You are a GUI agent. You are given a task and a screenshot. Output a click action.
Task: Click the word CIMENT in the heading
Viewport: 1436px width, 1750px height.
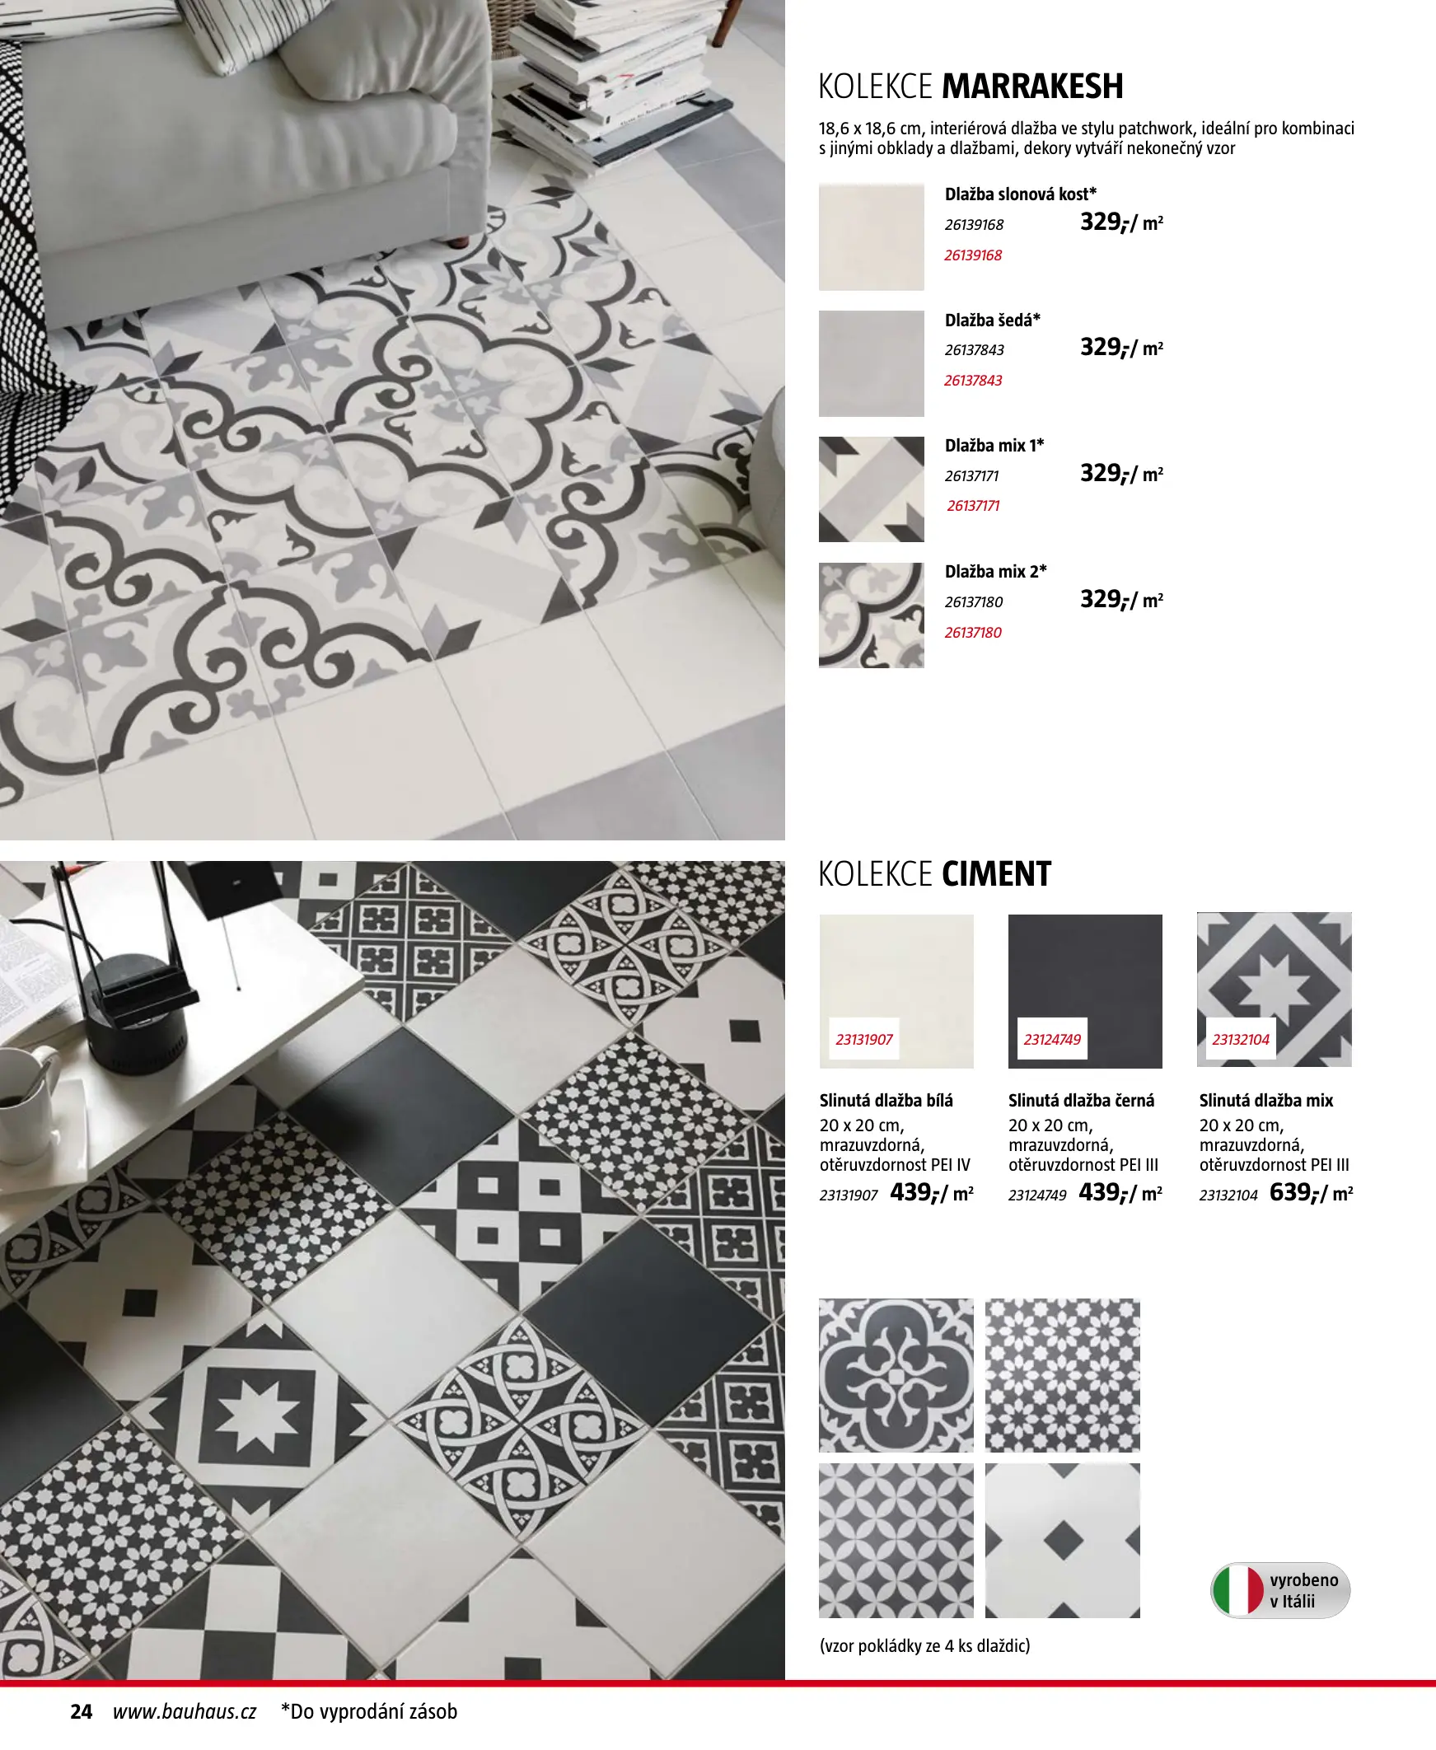tap(996, 874)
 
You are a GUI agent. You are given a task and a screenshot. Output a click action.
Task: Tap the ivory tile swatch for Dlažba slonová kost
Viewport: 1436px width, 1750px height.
tap(871, 236)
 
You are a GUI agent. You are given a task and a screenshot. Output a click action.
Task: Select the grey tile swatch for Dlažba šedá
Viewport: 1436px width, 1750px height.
tap(871, 363)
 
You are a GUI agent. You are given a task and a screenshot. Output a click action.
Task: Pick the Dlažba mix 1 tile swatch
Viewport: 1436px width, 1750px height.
tap(871, 489)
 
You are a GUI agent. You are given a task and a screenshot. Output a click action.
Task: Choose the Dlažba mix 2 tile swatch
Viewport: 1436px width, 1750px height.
tap(871, 615)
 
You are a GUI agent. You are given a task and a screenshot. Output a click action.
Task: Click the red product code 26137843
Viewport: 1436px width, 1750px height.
tap(973, 381)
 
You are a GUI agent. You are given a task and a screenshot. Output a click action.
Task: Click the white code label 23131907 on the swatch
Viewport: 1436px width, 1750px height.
tap(863, 1040)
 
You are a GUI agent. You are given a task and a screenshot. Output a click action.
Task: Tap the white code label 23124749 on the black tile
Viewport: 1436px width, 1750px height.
tap(1052, 1040)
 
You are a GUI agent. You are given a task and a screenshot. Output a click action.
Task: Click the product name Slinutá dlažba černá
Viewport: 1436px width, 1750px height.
tap(1081, 1101)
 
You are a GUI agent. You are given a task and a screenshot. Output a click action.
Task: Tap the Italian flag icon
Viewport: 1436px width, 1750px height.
tap(1237, 1589)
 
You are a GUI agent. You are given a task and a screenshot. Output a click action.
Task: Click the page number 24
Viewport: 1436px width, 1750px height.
tap(81, 1711)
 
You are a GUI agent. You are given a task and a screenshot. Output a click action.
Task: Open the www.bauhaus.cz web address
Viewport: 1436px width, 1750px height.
tap(185, 1711)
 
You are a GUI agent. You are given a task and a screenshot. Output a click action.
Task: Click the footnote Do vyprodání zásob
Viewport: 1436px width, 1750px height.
tap(369, 1711)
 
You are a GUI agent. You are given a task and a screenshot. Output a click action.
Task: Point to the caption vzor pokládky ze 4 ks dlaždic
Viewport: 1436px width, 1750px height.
tap(925, 1646)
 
